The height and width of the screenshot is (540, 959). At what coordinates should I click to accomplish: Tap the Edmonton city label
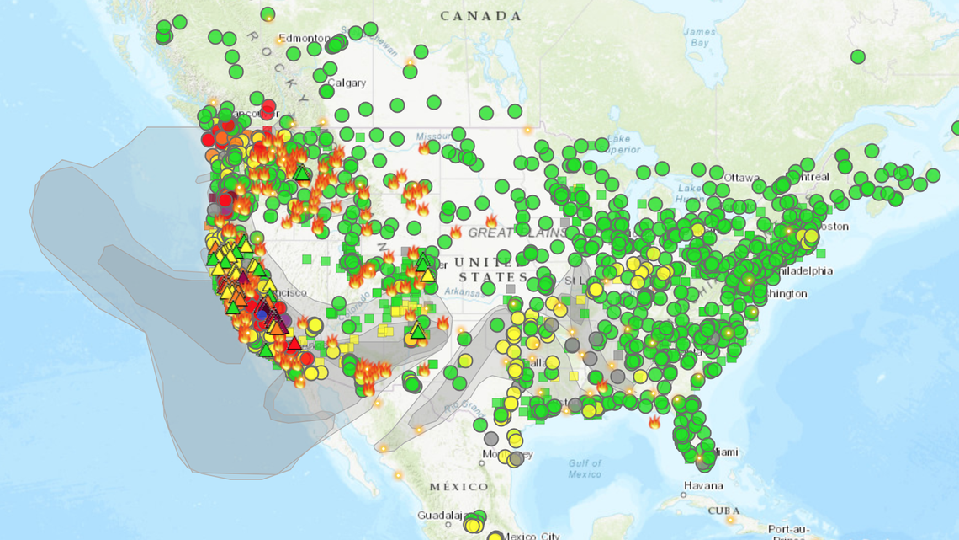click(x=304, y=38)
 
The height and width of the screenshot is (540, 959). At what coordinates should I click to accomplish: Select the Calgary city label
click(x=346, y=83)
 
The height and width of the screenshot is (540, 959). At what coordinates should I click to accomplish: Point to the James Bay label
click(x=699, y=37)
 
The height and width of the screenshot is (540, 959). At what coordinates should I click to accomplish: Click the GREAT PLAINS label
click(x=503, y=232)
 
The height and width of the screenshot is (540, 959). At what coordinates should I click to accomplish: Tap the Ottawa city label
click(x=742, y=178)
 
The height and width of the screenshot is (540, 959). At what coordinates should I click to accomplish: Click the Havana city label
click(x=703, y=485)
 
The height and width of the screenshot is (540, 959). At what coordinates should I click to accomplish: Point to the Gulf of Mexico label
click(x=585, y=468)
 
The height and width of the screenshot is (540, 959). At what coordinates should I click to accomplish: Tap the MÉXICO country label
click(x=458, y=487)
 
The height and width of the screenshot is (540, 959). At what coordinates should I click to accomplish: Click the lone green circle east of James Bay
click(x=857, y=56)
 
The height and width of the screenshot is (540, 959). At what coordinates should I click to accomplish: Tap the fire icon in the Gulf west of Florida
click(x=654, y=421)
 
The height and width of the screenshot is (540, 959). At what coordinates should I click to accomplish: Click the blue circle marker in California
click(x=262, y=314)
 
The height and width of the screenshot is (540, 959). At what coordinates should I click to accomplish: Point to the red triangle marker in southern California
click(x=294, y=343)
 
